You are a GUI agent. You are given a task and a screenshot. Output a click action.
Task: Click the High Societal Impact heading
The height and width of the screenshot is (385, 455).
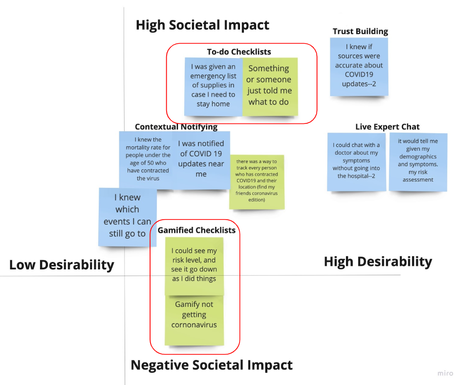[x=202, y=25]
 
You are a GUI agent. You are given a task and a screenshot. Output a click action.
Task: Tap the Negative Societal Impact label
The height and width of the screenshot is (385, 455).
[x=212, y=365]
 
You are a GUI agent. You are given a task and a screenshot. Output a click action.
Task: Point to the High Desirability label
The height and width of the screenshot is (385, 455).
[x=378, y=262]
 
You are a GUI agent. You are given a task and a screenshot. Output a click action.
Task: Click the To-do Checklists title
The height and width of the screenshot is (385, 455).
[x=238, y=51]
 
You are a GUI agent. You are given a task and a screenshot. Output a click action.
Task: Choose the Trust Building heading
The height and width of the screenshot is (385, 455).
[x=360, y=31]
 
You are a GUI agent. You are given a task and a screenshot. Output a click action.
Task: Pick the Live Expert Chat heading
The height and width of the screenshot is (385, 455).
[x=388, y=127]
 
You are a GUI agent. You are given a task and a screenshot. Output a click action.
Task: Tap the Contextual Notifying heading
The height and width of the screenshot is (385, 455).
[x=176, y=127]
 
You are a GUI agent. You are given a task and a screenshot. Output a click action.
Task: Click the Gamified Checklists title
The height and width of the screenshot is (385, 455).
[x=196, y=230]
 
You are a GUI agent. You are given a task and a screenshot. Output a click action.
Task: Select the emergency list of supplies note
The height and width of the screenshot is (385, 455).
[x=213, y=86]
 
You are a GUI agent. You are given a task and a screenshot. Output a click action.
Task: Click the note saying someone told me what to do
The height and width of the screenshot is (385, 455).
[x=269, y=86]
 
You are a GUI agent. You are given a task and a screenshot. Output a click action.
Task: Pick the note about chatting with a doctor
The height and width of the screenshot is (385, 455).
[x=356, y=161]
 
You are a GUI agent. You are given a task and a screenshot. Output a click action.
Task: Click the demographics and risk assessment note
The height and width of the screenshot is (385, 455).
[x=418, y=161]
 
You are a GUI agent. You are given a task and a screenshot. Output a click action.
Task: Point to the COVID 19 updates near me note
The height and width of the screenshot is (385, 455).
[x=201, y=159]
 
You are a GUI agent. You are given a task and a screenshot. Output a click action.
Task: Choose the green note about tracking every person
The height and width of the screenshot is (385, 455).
[x=256, y=181]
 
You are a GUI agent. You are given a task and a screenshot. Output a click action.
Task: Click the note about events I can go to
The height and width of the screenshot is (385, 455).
[x=128, y=216]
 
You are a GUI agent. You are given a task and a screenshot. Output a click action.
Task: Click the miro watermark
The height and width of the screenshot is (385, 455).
[x=445, y=373]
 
